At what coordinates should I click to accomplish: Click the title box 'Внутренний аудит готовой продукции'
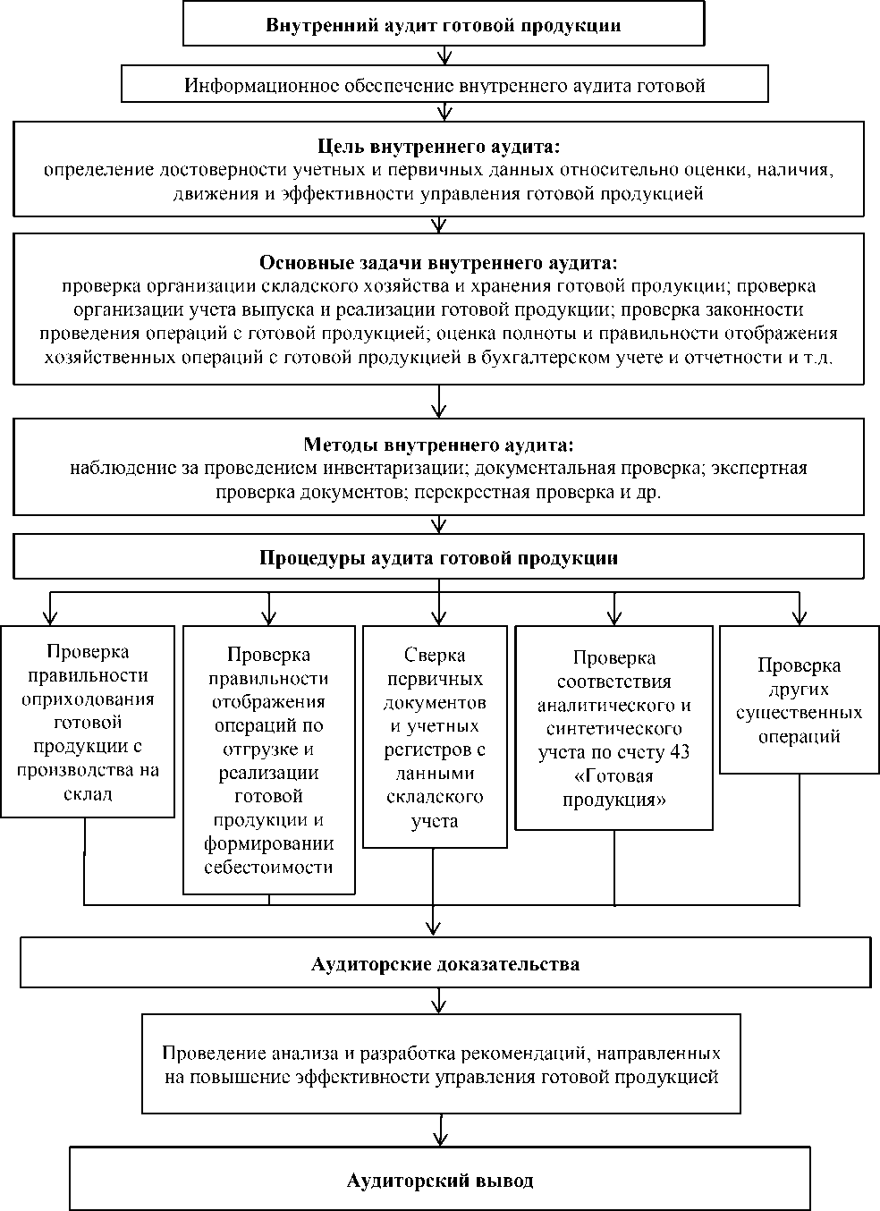pos(443,25)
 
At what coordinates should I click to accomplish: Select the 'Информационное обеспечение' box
pos(444,86)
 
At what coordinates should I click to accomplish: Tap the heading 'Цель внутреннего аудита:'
pos(439,147)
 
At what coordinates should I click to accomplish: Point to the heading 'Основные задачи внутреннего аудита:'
pos(438,263)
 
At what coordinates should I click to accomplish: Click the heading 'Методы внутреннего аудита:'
pos(438,445)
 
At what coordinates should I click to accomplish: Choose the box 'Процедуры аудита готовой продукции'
pos(438,558)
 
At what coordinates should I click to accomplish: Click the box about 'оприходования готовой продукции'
pos(88,721)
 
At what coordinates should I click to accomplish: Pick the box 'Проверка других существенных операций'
pos(799,700)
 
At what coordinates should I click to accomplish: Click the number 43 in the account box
pos(680,752)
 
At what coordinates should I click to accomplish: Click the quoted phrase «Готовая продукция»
pos(613,787)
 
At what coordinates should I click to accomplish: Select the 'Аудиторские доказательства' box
pos(445,963)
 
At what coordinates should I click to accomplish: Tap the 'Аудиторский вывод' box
pos(440,1181)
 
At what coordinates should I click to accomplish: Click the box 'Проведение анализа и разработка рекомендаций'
pos(441,1063)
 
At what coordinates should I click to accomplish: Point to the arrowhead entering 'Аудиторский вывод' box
pos(439,1139)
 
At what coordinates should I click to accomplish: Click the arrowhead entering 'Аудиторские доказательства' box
pos(435,927)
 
